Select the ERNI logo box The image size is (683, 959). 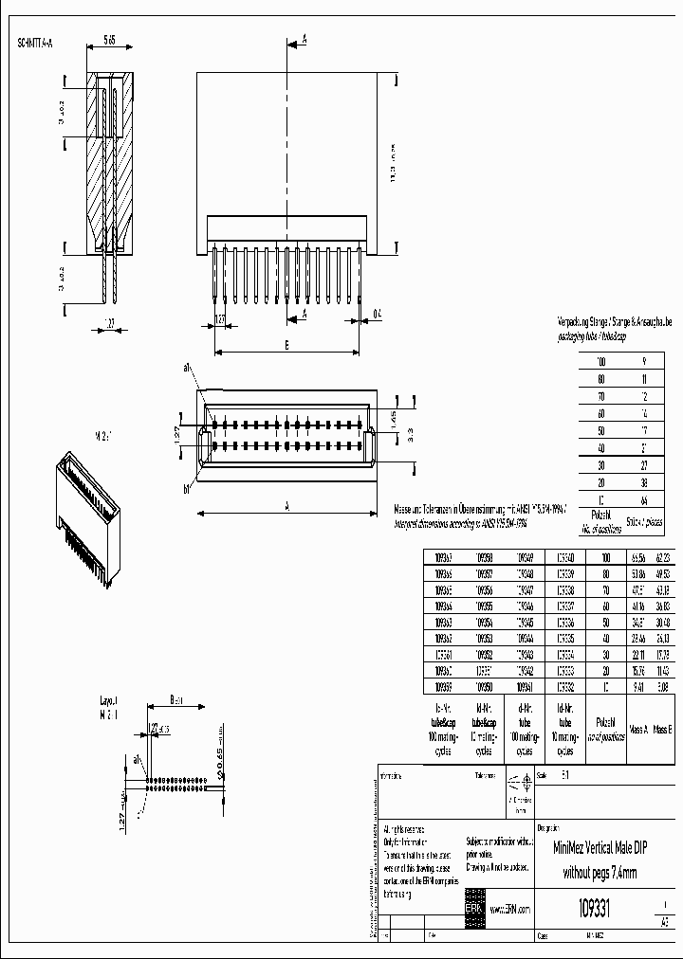[x=473, y=907]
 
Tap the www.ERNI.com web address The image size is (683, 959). [x=511, y=908]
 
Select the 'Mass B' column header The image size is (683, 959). [x=663, y=729]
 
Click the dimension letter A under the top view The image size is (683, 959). [x=286, y=506]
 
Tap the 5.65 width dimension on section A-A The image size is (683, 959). [x=108, y=41]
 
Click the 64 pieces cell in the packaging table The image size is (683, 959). [x=644, y=498]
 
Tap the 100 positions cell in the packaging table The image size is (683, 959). [x=600, y=362]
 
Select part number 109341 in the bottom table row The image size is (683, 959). [x=523, y=686]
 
